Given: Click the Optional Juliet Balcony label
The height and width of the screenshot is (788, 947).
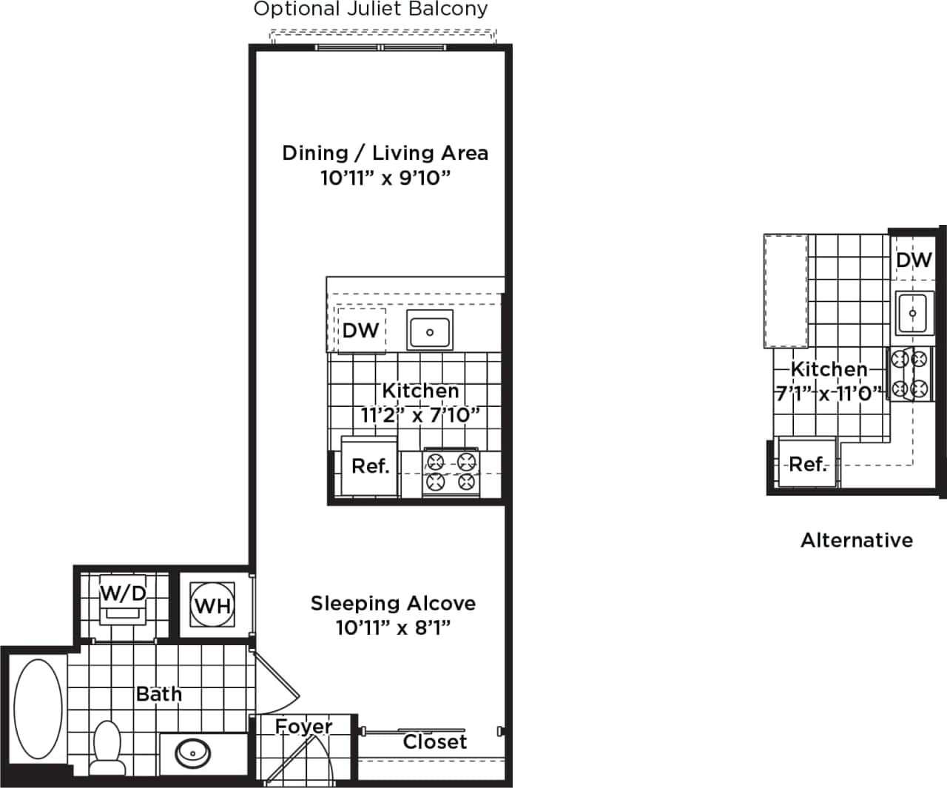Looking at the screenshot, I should coord(371,10).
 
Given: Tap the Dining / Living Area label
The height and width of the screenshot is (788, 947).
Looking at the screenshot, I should coord(385,153).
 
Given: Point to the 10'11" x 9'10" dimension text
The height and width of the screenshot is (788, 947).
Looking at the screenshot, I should coord(385,178).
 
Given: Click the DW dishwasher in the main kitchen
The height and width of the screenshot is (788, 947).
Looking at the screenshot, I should coord(360,330).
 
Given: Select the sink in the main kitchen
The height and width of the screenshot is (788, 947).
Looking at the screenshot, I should coord(429,331).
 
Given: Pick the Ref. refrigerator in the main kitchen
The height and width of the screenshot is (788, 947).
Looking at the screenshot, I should coord(370,467).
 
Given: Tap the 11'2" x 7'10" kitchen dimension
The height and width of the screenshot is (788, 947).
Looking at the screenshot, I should coord(419,415).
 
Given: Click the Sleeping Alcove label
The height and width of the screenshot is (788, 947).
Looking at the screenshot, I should coord(393,604).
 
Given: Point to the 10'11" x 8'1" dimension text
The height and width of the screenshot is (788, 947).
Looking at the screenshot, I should coord(393,628).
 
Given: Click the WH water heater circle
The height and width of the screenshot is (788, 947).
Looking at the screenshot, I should coord(212,606).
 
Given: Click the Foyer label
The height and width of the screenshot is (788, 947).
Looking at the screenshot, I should coord(303,727).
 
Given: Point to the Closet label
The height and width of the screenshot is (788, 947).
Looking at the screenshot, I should coord(434,742).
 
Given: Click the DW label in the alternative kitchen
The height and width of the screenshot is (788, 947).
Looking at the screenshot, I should coord(914,260).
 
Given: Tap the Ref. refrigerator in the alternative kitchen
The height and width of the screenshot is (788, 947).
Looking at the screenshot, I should coord(807,465).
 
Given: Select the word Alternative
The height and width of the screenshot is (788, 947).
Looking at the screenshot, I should coord(857,540).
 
